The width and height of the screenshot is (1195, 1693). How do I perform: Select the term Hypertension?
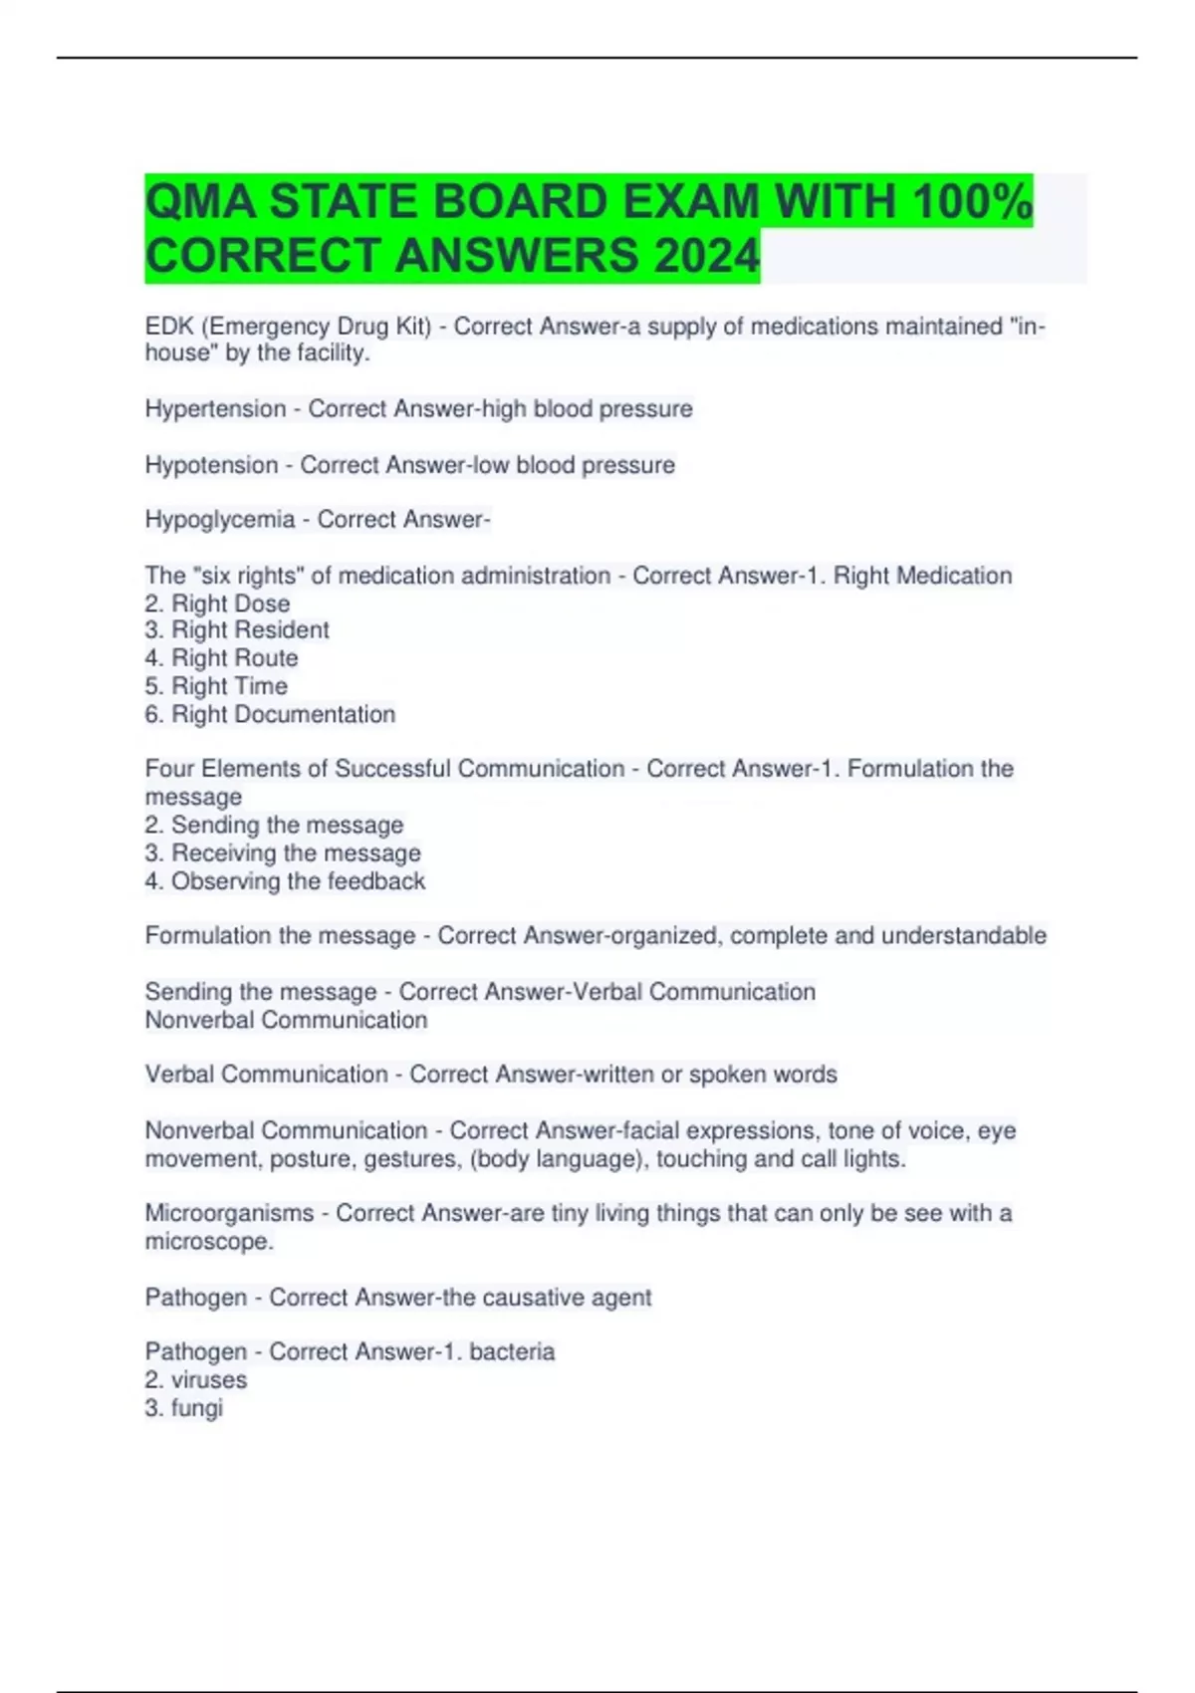[x=215, y=409]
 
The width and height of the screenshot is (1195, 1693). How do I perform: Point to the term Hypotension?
[x=211, y=465]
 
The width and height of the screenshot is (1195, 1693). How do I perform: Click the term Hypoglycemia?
[x=220, y=520]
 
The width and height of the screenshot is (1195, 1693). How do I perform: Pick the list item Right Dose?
[x=230, y=604]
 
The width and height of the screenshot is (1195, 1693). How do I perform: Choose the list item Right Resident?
[x=249, y=630]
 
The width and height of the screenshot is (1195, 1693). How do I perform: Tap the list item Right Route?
[x=234, y=658]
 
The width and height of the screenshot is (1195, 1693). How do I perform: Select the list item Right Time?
[x=229, y=686]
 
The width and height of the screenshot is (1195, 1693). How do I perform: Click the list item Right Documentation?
[x=283, y=714]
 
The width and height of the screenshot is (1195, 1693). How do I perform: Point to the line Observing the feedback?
[x=298, y=881]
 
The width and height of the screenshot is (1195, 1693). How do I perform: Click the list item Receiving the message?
[x=296, y=853]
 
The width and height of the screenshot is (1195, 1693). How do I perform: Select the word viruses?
[x=209, y=1380]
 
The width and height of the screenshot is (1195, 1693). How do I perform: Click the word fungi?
[x=197, y=1408]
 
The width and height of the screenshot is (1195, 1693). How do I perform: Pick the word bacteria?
[x=512, y=1352]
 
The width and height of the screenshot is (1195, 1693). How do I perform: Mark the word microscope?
[x=208, y=1242]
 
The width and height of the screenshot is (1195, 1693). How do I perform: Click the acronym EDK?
[x=169, y=327]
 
